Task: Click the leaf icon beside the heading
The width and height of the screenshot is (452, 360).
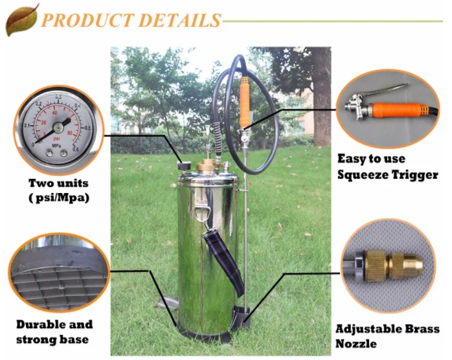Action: coord(21,19)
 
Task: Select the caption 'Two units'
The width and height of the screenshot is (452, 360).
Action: coord(58,183)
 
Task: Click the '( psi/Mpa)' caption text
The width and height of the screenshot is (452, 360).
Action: coord(58,197)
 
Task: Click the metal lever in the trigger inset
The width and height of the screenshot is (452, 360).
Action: coord(382,91)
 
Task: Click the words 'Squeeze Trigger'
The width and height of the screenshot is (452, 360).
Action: coord(387,175)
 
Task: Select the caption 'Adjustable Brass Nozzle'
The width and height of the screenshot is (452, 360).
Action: coord(387,336)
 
